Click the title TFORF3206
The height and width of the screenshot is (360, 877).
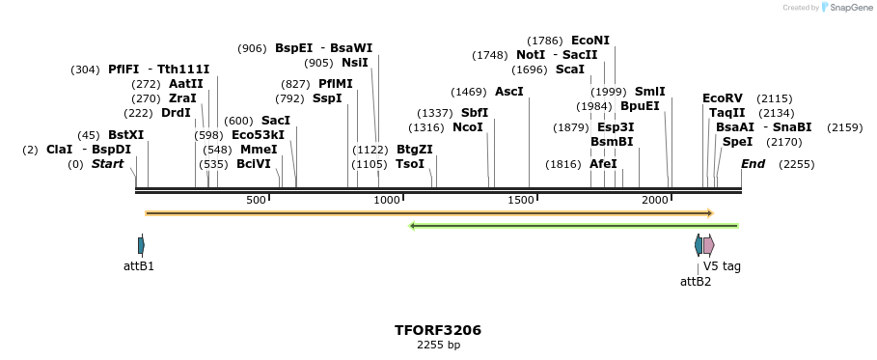[437, 330]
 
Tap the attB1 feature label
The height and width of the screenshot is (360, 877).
[139, 265]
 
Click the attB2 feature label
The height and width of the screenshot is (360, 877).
[696, 281]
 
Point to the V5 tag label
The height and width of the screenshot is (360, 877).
[722, 265]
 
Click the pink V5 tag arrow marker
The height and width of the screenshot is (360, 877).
[708, 245]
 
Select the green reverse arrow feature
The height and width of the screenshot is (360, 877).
[574, 226]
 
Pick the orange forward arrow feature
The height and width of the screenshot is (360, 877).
[428, 212]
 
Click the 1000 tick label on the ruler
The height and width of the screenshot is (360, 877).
[387, 200]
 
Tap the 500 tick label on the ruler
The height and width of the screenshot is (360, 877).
[256, 200]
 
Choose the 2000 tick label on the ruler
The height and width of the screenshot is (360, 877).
[655, 200]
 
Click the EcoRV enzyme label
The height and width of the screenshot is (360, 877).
[723, 98]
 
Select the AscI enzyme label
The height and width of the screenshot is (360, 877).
[508, 91]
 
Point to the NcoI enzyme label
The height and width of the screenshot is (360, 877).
[468, 127]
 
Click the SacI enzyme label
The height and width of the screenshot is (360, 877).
[276, 121]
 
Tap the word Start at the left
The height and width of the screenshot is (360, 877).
[107, 164]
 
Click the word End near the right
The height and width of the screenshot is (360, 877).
[753, 164]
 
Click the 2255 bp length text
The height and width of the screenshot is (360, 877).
[437, 345]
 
